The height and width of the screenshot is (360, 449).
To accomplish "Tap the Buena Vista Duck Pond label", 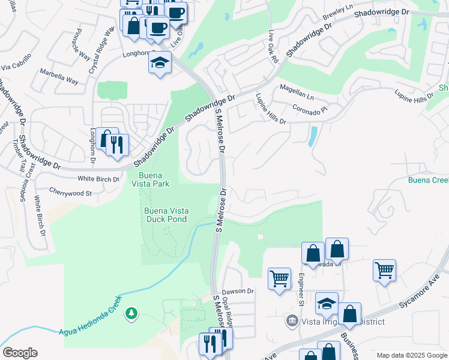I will tap(165, 215).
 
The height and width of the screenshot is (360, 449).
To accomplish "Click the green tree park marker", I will tap(131, 313).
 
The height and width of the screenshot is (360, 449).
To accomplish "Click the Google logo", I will tap(20, 353).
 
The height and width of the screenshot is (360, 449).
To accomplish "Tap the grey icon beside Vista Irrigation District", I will tap(292, 321).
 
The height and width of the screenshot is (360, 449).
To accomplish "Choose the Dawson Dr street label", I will tap(238, 291).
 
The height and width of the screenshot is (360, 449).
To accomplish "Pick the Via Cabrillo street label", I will tap(16, 66).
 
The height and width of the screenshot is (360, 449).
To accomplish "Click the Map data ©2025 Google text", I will tap(411, 355).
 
